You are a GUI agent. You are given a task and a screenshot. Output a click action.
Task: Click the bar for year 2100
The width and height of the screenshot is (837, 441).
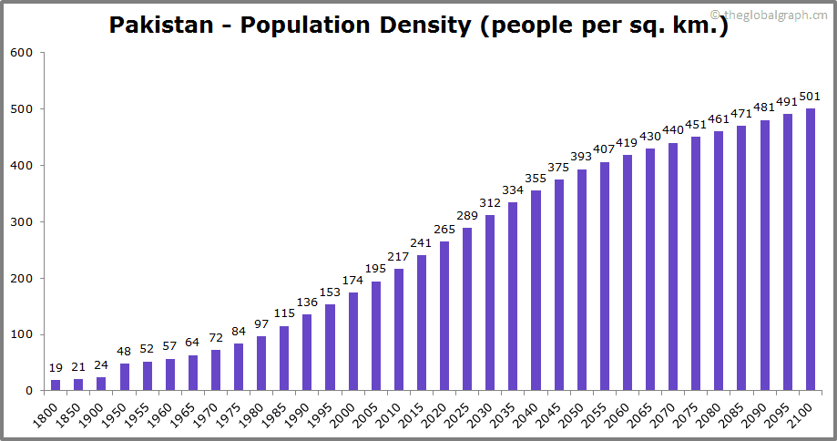click(811, 250)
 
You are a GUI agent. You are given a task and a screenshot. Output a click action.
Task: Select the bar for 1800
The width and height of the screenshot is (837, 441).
click(56, 385)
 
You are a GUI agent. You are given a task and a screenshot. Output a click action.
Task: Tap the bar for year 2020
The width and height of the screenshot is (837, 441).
click(444, 316)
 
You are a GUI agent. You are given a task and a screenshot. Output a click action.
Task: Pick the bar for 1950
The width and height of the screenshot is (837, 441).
click(124, 377)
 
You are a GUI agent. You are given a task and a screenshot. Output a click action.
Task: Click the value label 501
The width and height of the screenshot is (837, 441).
click(810, 97)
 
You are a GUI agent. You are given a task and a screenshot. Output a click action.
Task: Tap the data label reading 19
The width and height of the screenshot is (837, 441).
click(56, 369)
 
